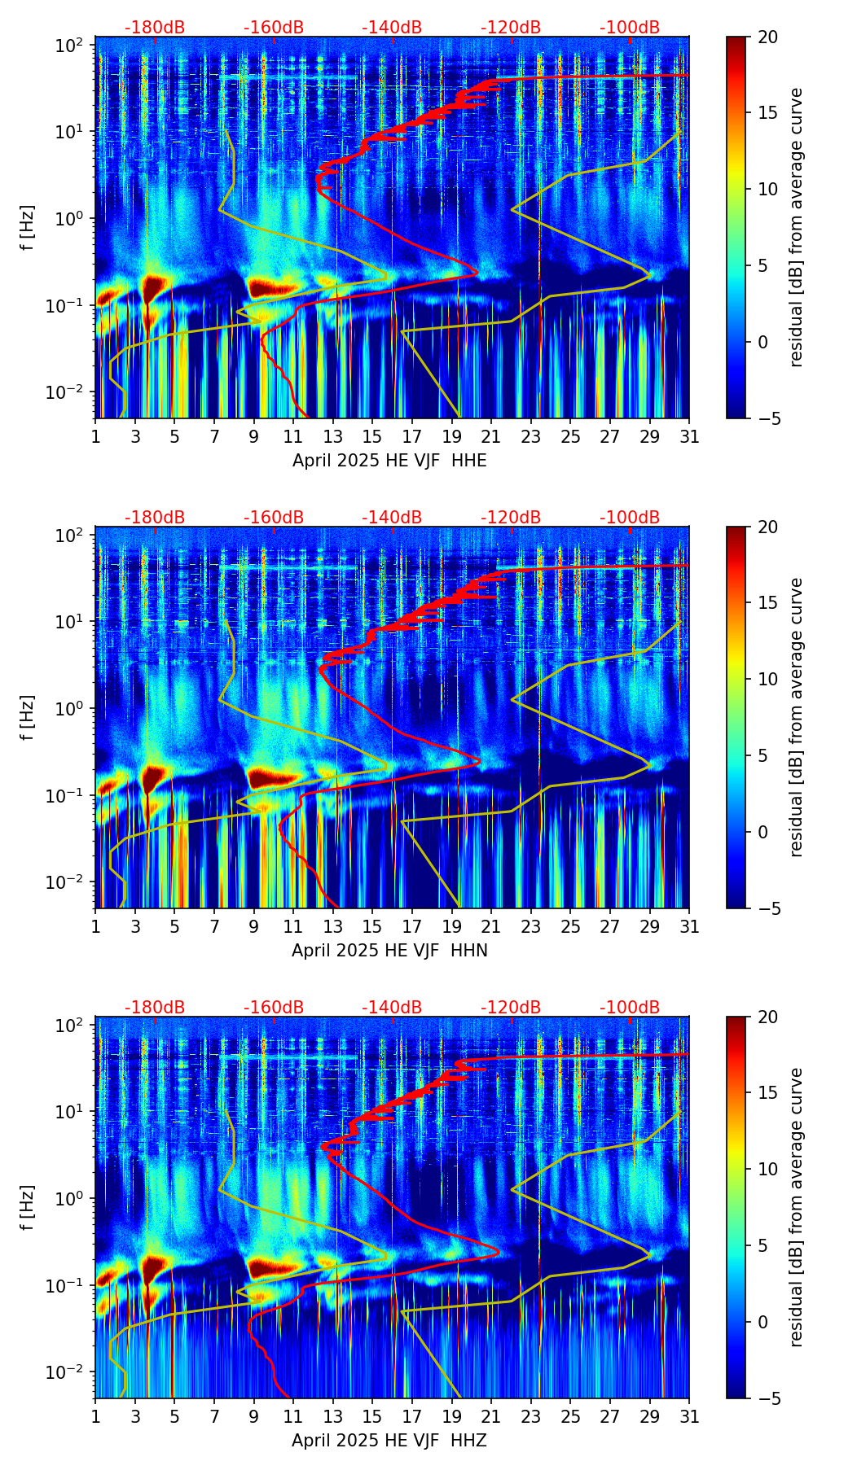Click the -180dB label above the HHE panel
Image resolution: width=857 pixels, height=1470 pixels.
pyautogui.click(x=155, y=28)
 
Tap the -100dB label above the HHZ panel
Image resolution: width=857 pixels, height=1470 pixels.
pyautogui.click(x=630, y=1008)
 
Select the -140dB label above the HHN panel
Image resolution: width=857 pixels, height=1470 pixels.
pyautogui.click(x=392, y=518)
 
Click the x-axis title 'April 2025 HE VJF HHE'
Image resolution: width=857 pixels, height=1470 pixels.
pyautogui.click(x=389, y=461)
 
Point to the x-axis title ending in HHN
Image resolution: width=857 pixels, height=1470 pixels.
pyautogui.click(x=389, y=951)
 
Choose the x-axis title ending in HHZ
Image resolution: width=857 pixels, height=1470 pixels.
pyautogui.click(x=389, y=1441)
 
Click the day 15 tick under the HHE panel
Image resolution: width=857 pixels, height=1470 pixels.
pyautogui.click(x=372, y=436)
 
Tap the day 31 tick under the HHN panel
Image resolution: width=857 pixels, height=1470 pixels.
pyautogui.click(x=689, y=926)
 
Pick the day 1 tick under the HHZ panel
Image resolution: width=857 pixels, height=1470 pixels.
pyautogui.click(x=95, y=1416)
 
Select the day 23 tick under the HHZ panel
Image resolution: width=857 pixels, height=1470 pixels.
pyautogui.click(x=530, y=1416)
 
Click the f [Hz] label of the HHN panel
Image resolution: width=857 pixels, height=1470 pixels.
pyautogui.click(x=28, y=717)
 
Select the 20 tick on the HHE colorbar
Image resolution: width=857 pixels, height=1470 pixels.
pyautogui.click(x=767, y=37)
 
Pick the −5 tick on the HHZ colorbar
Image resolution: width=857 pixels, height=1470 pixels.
pyautogui.click(x=767, y=1398)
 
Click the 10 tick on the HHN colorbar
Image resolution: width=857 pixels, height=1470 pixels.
pyautogui.click(x=767, y=679)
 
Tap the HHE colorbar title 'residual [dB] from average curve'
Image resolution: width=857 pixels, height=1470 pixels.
pyautogui.click(x=796, y=227)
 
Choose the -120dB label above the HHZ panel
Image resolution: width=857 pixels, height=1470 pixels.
pyautogui.click(x=511, y=1008)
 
